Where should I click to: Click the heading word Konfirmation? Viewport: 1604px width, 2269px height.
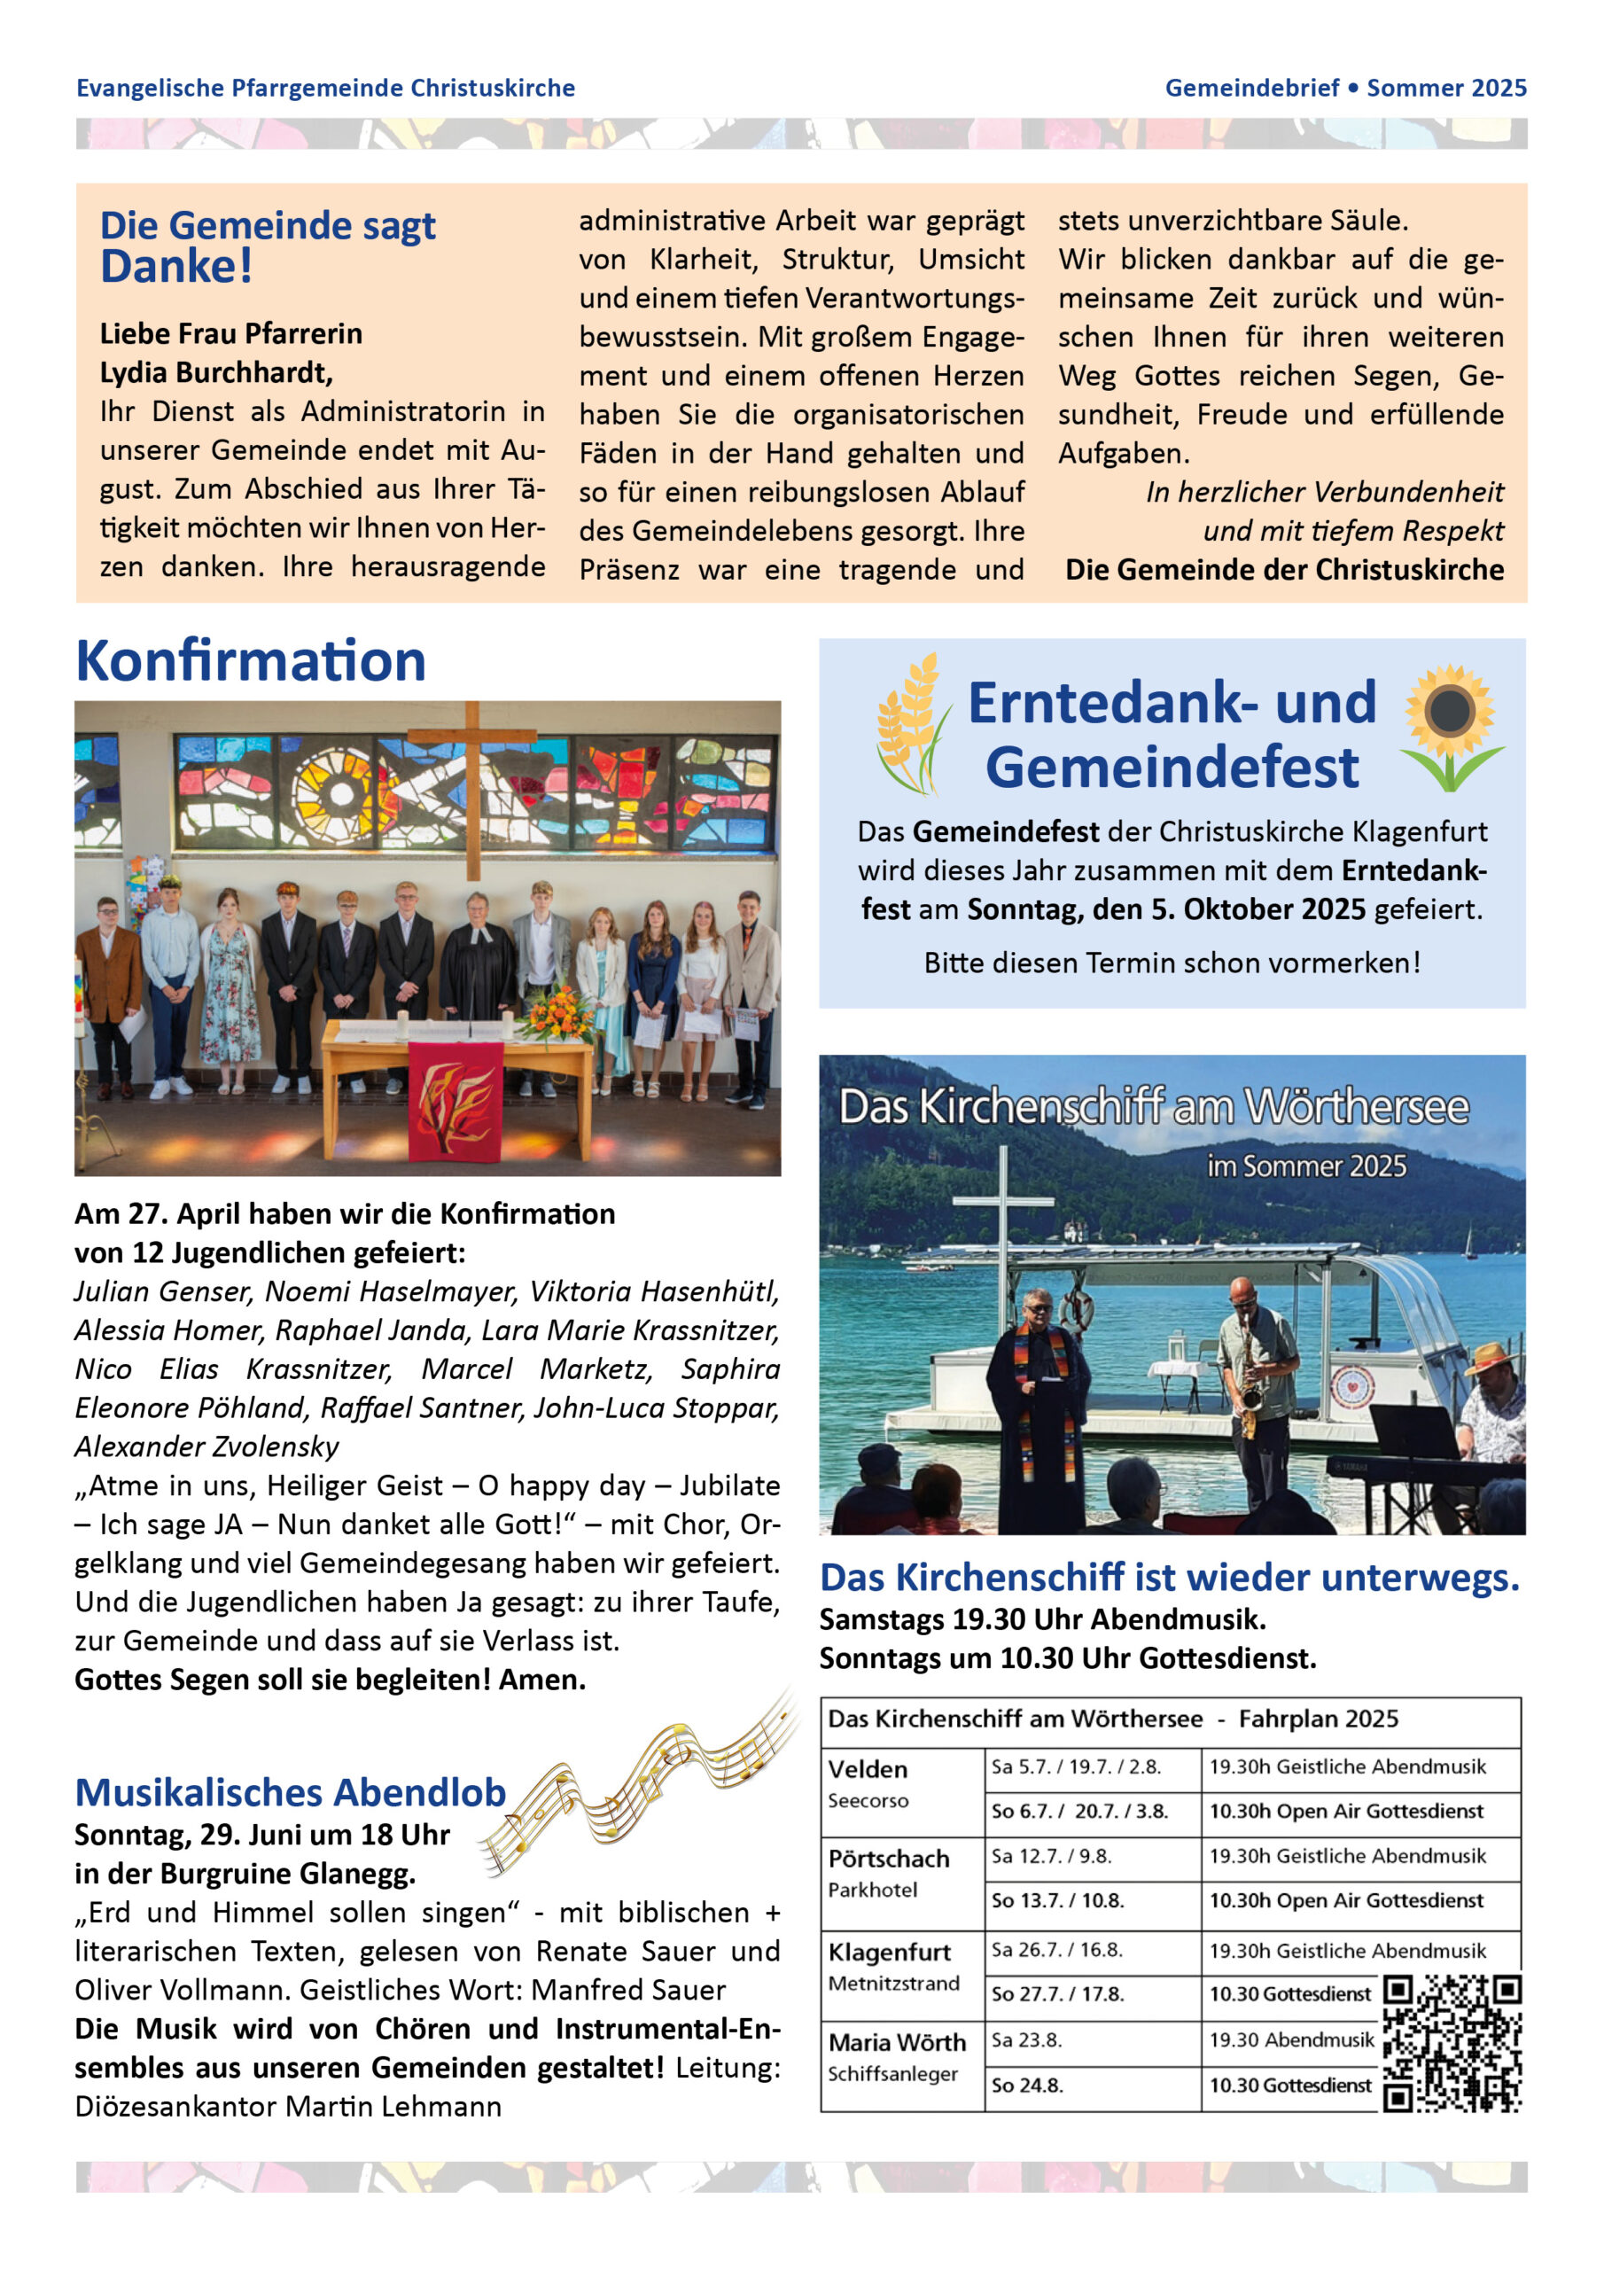[250, 661]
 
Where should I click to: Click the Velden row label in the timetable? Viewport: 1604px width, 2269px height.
[868, 1769]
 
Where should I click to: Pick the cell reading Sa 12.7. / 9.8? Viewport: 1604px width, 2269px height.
[1052, 1856]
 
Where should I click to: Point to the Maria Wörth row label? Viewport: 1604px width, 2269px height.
[897, 2042]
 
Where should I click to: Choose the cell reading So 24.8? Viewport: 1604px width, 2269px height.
[1028, 2086]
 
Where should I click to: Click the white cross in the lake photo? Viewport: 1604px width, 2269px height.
[1002, 1236]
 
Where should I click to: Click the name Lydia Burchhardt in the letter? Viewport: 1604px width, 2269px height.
[215, 372]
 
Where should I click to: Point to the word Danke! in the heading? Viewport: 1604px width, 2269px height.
[177, 267]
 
